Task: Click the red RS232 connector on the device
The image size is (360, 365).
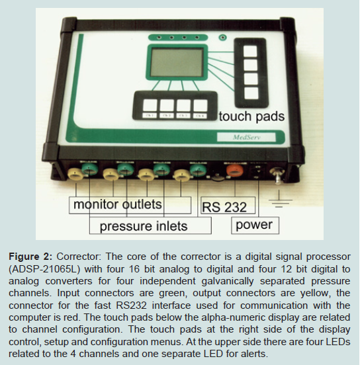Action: click(235, 171)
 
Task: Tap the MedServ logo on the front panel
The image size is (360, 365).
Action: click(246, 137)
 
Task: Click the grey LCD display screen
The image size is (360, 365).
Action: click(177, 62)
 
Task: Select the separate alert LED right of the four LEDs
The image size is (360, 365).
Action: click(223, 37)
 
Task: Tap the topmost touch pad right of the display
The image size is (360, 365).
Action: click(251, 52)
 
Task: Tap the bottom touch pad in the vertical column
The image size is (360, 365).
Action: click(251, 93)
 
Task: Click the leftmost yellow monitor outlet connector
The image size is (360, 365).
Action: click(75, 174)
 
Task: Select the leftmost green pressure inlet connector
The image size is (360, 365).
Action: click(90, 169)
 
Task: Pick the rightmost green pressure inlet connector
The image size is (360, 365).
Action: click(199, 170)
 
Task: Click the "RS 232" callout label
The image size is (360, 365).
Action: click(224, 207)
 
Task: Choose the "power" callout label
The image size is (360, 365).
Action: click(254, 225)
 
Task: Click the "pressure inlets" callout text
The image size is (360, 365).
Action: click(144, 226)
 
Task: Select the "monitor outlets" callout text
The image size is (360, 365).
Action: click(118, 204)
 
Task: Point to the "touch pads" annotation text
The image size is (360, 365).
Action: click(251, 116)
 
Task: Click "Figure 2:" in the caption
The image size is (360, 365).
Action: click(30, 257)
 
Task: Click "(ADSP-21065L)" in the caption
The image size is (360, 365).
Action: click(44, 269)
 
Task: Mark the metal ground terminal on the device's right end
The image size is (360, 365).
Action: click(277, 175)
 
